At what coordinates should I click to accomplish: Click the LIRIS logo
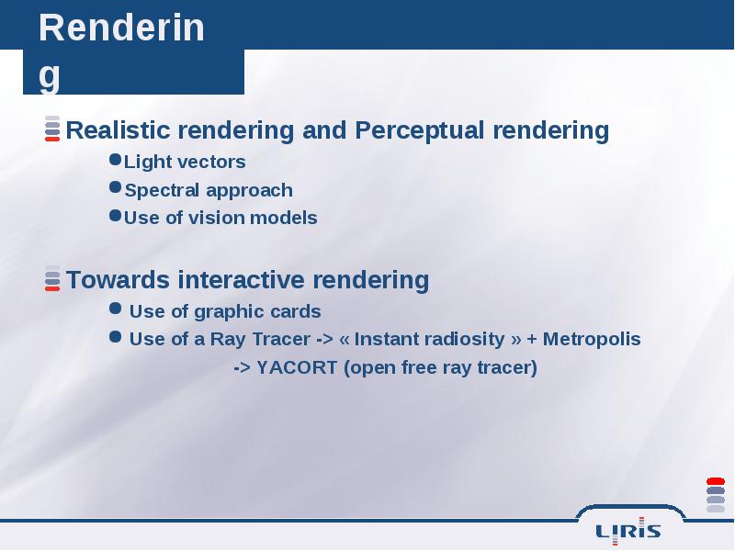click(628, 531)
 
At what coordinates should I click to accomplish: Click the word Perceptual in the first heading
click(419, 130)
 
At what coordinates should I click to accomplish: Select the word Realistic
click(118, 129)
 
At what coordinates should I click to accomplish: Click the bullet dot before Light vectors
click(116, 159)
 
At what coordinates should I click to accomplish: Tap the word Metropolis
click(592, 339)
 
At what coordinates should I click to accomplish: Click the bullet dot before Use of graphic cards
click(116, 309)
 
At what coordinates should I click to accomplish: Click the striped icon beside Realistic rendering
click(52, 129)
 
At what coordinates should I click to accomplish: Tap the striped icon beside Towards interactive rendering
click(52, 278)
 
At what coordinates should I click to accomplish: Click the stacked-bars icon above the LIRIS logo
click(716, 495)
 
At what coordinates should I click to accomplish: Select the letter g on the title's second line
click(50, 76)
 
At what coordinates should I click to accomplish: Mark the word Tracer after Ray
click(281, 339)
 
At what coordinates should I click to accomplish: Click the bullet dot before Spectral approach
click(116, 187)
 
